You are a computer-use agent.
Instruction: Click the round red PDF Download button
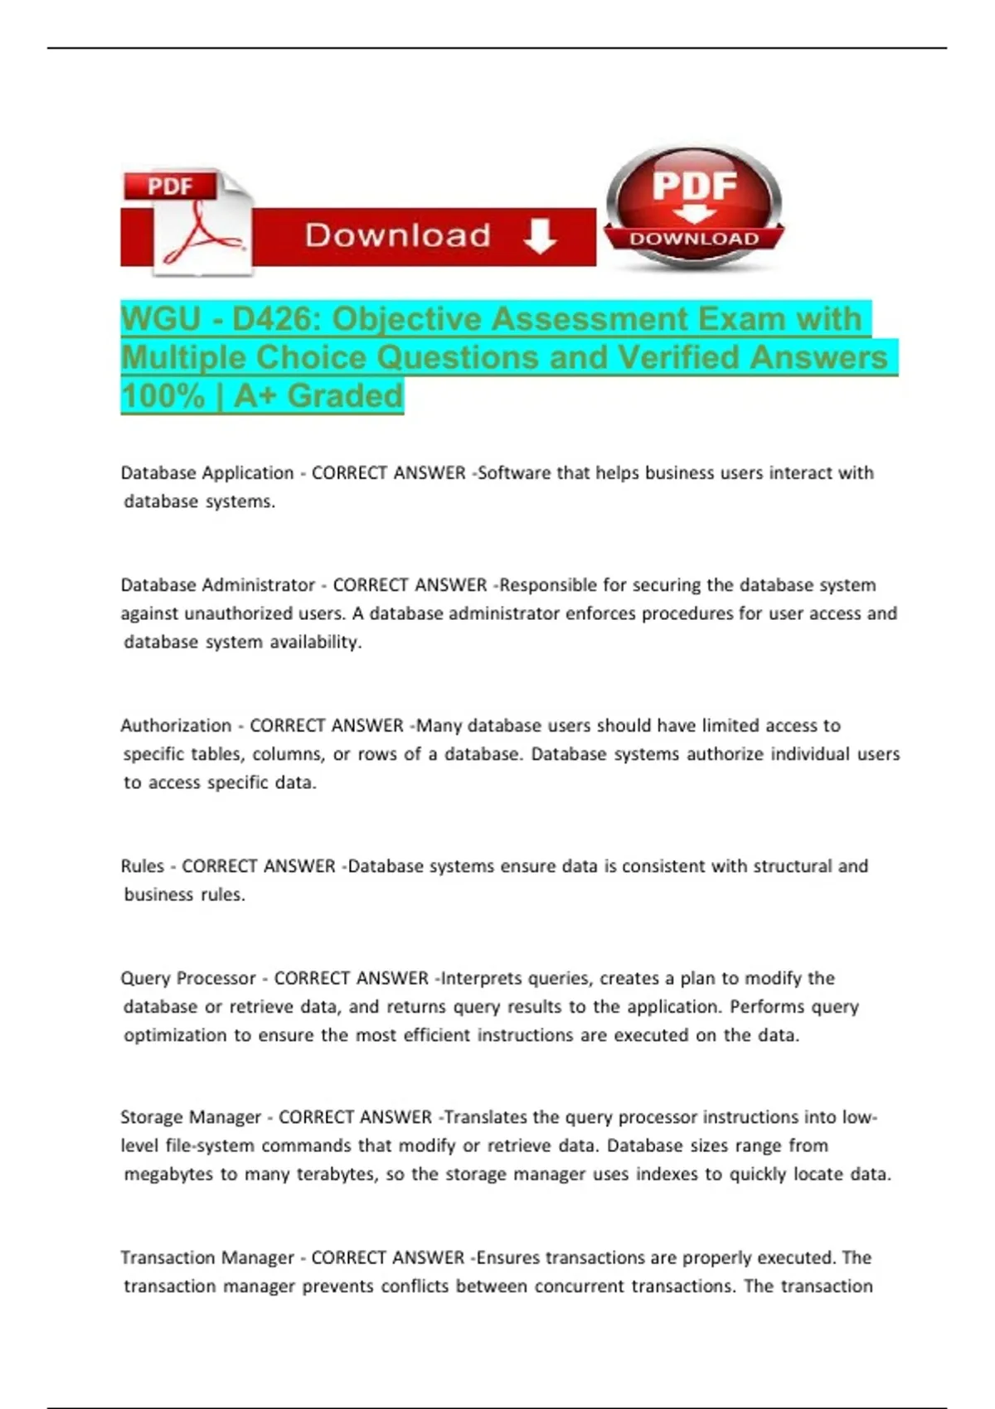coord(694,207)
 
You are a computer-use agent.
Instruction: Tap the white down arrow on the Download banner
coord(540,236)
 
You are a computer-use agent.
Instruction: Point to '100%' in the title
coord(163,396)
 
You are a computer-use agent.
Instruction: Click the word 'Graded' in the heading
coord(345,396)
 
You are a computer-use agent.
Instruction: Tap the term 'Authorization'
coord(176,726)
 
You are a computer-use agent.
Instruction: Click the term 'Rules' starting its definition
coord(143,866)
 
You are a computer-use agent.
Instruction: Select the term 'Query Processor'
coord(188,979)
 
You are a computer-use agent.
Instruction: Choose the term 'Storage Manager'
coord(191,1117)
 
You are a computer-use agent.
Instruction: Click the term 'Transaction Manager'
coord(207,1258)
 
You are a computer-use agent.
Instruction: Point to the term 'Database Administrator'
coord(218,585)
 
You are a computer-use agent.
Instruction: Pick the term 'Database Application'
coord(207,473)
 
